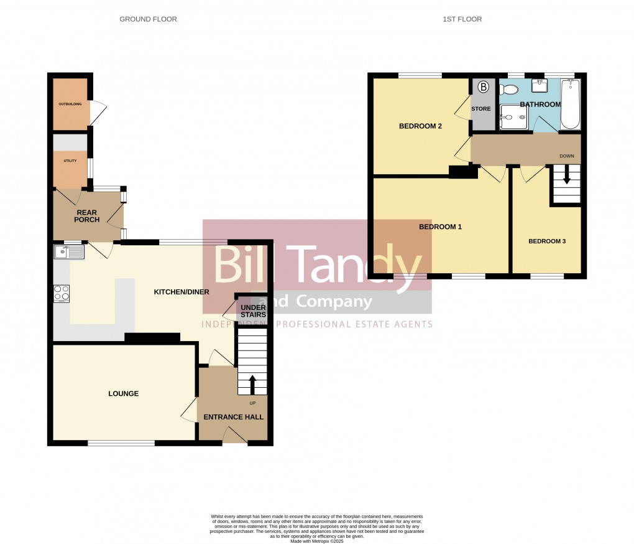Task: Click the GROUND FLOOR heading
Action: pyautogui.click(x=148, y=19)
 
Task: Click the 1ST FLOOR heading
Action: pyautogui.click(x=462, y=19)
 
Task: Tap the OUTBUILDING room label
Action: pyautogui.click(x=70, y=104)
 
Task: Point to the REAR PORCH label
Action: pyautogui.click(x=86, y=215)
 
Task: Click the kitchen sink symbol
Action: pyautogui.click(x=69, y=251)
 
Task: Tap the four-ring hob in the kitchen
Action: pyautogui.click(x=62, y=293)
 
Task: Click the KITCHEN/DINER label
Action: pyautogui.click(x=181, y=291)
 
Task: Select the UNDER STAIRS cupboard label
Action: pyautogui.click(x=253, y=311)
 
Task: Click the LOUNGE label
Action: pyautogui.click(x=123, y=393)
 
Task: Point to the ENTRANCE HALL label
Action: pyautogui.click(x=234, y=417)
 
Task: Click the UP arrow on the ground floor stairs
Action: pyautogui.click(x=252, y=384)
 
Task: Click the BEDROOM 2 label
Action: pyautogui.click(x=420, y=126)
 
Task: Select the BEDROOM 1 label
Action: pyautogui.click(x=440, y=227)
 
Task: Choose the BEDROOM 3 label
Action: pyautogui.click(x=546, y=241)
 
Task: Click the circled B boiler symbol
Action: pyautogui.click(x=483, y=87)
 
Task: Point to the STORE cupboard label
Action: pyautogui.click(x=481, y=109)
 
